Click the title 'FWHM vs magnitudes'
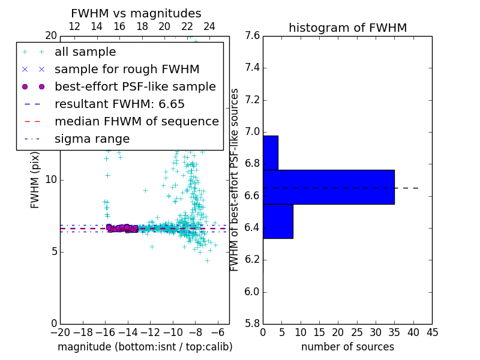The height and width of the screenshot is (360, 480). tap(136, 14)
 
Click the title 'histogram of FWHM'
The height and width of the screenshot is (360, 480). tap(347, 28)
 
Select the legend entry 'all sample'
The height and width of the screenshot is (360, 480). tap(85, 52)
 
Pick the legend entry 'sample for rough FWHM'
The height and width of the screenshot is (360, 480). tap(127, 70)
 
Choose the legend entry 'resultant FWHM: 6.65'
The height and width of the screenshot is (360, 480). tap(119, 104)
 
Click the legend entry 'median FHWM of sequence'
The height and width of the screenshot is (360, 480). tap(136, 121)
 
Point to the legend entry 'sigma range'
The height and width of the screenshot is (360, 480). tap(92, 139)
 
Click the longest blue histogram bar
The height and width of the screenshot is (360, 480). tap(328, 187)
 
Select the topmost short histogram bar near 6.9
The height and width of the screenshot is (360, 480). tap(270, 152)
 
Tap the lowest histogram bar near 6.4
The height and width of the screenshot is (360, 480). tap(278, 221)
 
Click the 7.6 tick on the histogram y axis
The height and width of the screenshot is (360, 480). tap(252, 36)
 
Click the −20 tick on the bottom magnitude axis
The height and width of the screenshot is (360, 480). tap(60, 332)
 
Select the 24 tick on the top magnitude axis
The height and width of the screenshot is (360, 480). tap(209, 26)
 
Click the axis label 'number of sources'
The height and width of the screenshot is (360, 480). tap(347, 347)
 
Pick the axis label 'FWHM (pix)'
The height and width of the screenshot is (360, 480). tap(35, 180)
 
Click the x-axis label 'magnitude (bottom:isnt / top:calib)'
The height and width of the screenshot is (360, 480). tap(145, 347)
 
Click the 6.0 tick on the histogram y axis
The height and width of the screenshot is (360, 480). tap(252, 292)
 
